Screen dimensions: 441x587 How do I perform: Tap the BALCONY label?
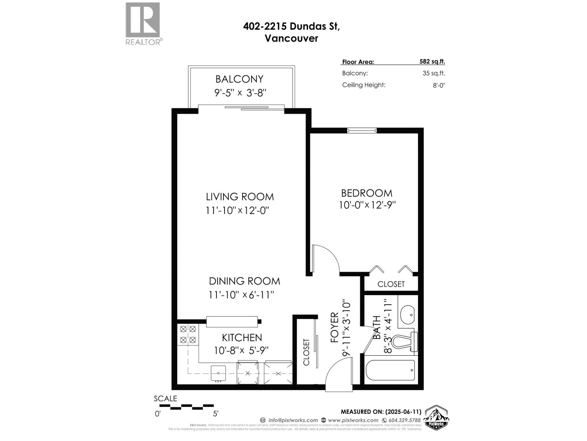point(239,79)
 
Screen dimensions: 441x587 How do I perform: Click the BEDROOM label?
point(367,193)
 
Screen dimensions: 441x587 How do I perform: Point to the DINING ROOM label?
point(244,281)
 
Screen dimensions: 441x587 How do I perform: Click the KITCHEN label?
point(242,337)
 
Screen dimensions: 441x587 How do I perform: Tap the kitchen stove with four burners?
point(188,334)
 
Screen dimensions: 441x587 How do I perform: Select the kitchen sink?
point(219,373)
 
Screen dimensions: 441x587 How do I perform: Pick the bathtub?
point(391,370)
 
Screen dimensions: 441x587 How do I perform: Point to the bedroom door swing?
point(327,259)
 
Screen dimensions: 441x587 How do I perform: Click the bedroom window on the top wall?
point(362,130)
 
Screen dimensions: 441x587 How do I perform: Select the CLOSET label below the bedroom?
point(391,284)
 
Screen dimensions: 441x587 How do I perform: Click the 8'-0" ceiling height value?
point(439,85)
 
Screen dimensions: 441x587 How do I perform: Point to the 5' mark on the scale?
point(216,413)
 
